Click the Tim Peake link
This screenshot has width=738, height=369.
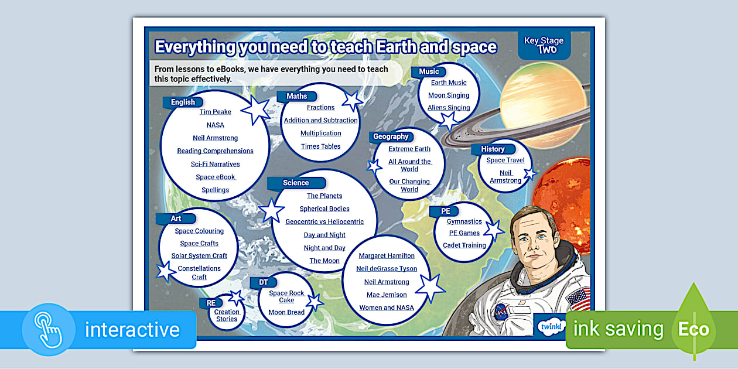click(215, 112)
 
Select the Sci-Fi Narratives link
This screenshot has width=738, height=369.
click(215, 164)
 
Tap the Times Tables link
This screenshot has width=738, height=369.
click(320, 146)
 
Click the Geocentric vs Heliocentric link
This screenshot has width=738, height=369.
click(324, 221)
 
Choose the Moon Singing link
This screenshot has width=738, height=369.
click(449, 95)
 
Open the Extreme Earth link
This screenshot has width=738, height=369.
click(409, 149)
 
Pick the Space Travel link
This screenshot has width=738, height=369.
click(505, 160)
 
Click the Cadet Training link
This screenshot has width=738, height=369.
click(464, 245)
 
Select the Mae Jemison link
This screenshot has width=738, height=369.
click(387, 295)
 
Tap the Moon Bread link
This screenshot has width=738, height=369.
click(286, 312)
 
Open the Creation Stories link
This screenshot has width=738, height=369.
click(227, 315)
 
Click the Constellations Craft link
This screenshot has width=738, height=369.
click(199, 272)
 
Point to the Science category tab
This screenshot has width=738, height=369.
click(296, 183)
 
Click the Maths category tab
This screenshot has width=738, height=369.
click(297, 96)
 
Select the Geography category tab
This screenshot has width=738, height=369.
click(391, 136)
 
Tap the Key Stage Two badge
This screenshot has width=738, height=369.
click(544, 45)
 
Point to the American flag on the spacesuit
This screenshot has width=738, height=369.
click(578, 299)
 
